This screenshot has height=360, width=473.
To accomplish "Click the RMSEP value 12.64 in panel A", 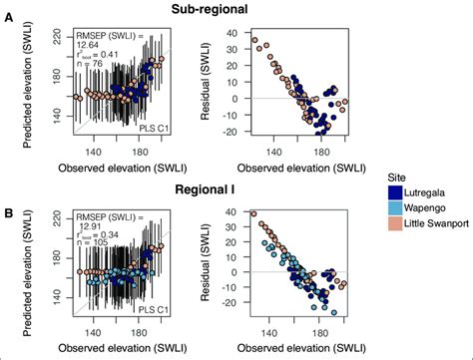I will (90, 44).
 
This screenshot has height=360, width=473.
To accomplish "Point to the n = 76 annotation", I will (91, 66).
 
